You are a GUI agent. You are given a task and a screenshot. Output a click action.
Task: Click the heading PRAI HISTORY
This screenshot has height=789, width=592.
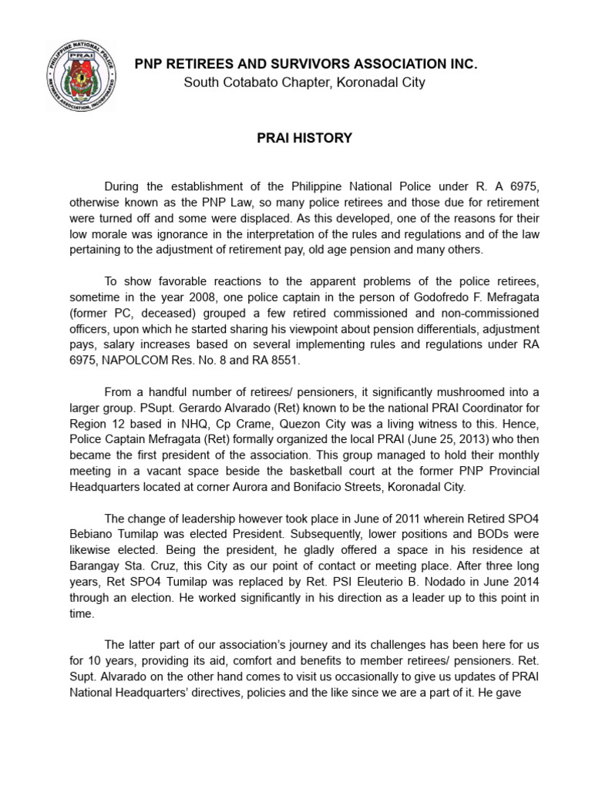coord(304,139)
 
